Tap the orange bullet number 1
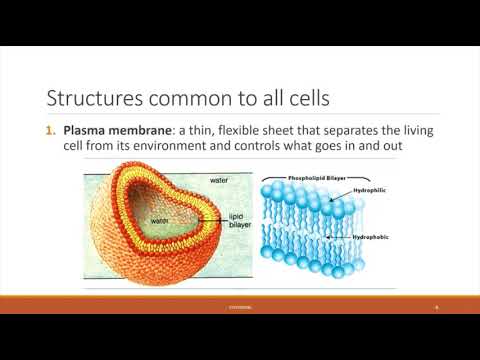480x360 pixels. coord(53,131)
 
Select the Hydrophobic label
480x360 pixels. coord(371,238)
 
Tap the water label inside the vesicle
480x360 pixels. coord(159,221)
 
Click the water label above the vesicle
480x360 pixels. coord(219,180)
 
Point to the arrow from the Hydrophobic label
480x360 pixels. coord(341,238)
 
